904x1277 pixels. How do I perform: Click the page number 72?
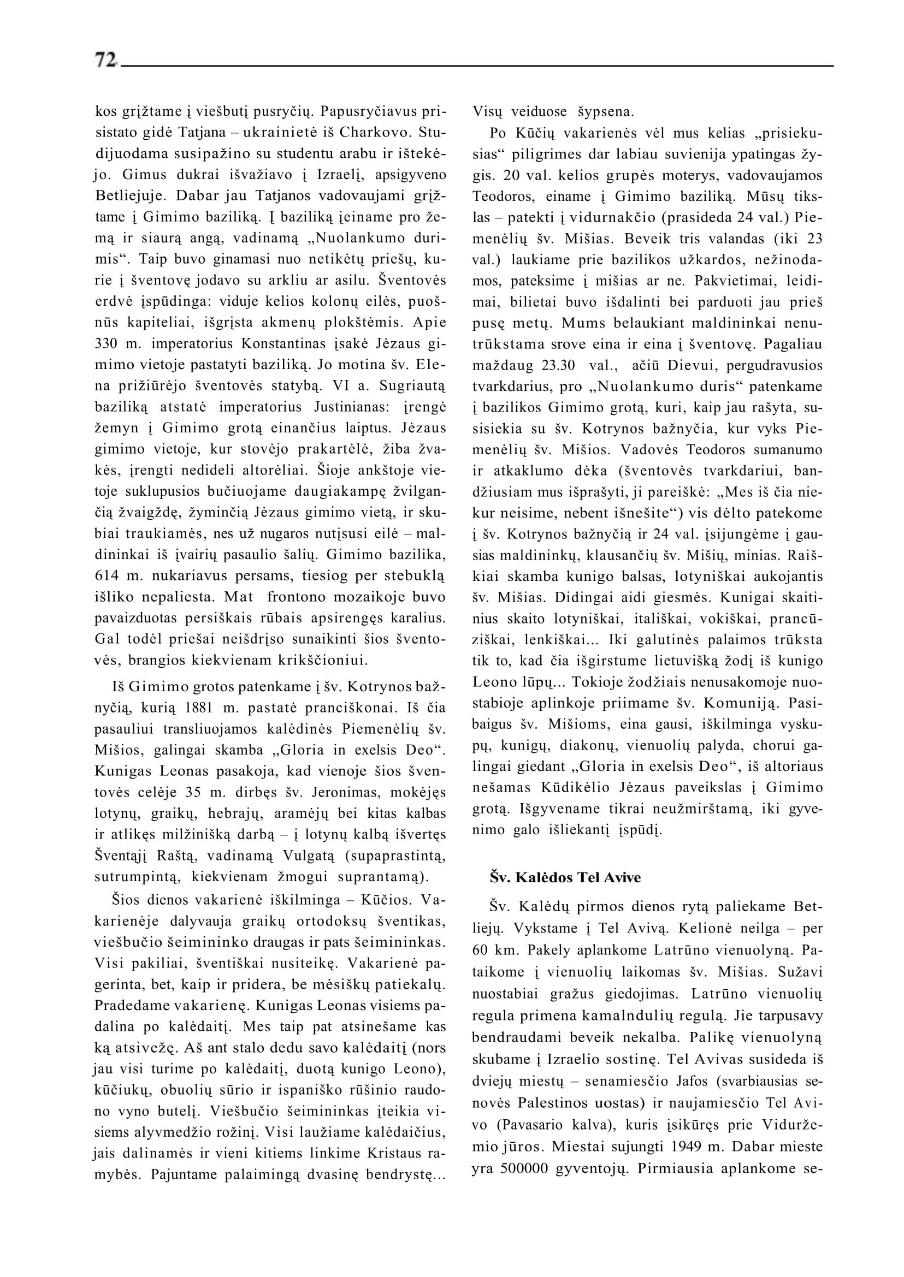click(x=106, y=60)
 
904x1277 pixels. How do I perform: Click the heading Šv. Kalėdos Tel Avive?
click(x=565, y=877)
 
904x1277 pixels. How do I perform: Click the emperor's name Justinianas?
click(x=350, y=407)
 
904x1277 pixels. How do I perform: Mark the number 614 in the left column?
click(x=107, y=576)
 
